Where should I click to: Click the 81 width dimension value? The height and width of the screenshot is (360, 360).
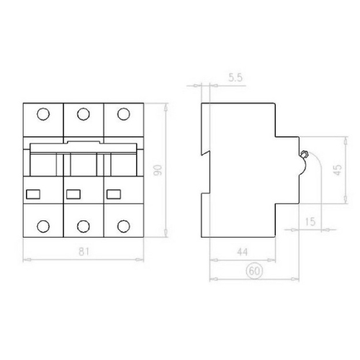[84, 251]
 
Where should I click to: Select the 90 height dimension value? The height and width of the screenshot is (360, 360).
[161, 170]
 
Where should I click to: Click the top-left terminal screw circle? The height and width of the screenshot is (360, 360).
[42, 114]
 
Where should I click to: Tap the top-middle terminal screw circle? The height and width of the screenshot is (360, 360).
[83, 114]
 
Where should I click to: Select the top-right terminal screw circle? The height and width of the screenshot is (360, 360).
[123, 114]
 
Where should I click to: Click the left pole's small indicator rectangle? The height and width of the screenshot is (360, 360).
[32, 193]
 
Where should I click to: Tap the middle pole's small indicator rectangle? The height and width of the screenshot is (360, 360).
[73, 193]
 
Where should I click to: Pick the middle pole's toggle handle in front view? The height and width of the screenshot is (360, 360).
[83, 161]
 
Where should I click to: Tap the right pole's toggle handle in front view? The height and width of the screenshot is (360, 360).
[123, 161]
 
